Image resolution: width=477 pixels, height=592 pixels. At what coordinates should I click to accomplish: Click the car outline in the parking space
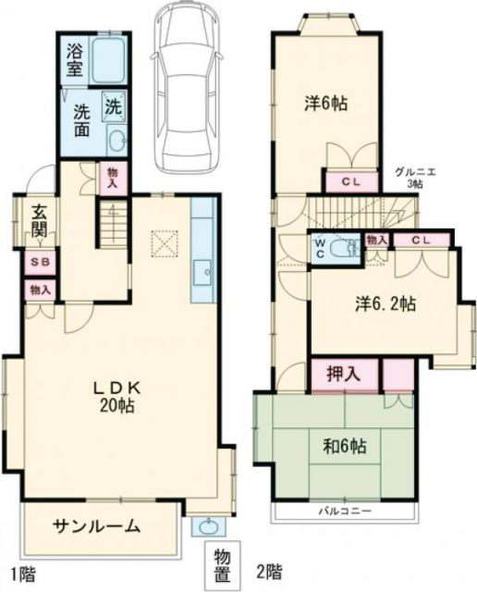pyautogui.click(x=189, y=88)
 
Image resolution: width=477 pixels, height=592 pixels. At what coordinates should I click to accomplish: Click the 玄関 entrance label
pyautogui.click(x=40, y=218)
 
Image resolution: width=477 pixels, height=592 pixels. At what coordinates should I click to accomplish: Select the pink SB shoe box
pyautogui.click(x=39, y=262)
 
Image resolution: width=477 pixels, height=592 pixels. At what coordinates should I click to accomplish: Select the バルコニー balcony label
pyautogui.click(x=346, y=511)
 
